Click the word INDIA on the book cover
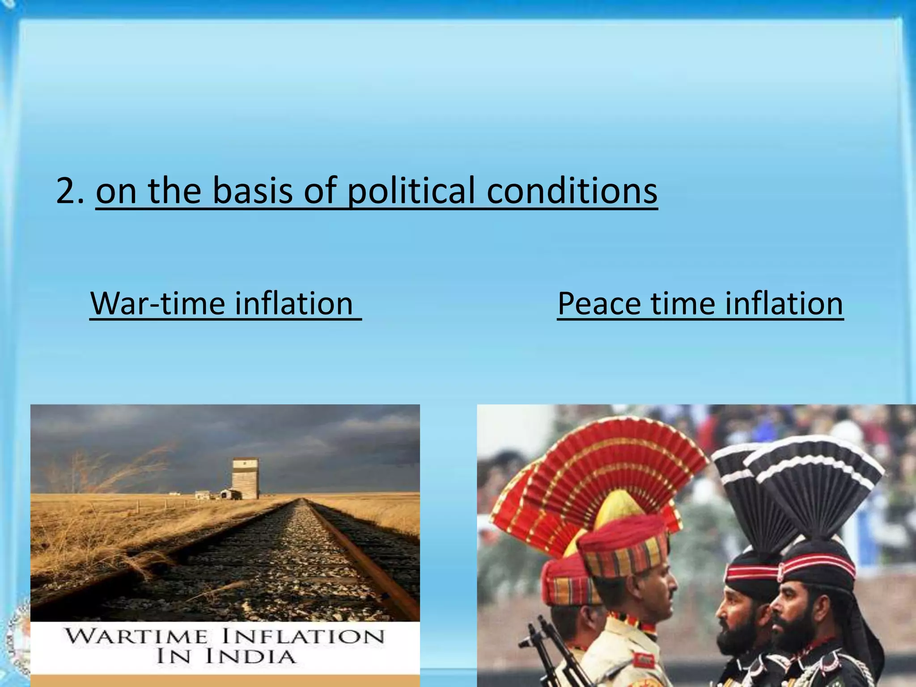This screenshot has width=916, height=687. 250,657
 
